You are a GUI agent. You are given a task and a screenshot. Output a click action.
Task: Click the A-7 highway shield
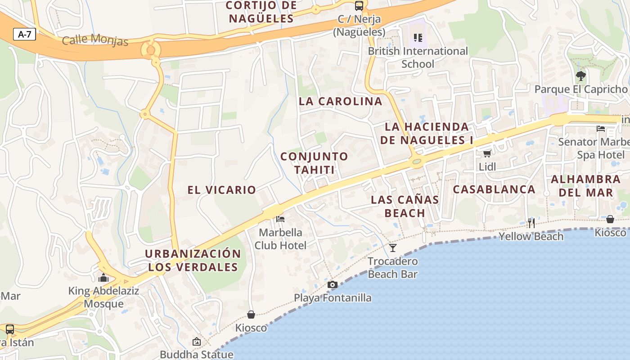pyautogui.click(x=24, y=34)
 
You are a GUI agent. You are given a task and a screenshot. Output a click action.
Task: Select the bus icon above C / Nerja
pyautogui.click(x=359, y=6)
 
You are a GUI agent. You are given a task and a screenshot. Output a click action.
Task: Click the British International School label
pyautogui.click(x=418, y=57)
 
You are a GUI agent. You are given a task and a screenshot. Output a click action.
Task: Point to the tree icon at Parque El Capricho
pyautogui.click(x=580, y=76)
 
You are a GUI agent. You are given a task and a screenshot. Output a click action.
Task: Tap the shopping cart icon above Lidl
pyautogui.click(x=486, y=154)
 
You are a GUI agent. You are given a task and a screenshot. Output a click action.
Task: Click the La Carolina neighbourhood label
pyautogui.click(x=340, y=101)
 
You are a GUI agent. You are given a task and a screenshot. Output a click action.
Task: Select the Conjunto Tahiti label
pyautogui.click(x=314, y=163)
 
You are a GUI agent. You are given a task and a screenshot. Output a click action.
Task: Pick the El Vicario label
pyautogui.click(x=221, y=190)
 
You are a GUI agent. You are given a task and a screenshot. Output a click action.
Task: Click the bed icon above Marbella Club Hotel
pyautogui.click(x=280, y=219)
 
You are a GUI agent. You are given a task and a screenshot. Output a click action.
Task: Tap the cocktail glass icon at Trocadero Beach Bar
pyautogui.click(x=393, y=247)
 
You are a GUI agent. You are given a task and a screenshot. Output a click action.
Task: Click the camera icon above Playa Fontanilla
pyautogui.click(x=333, y=284)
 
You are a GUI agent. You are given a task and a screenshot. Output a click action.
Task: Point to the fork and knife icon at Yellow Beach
pyautogui.click(x=531, y=223)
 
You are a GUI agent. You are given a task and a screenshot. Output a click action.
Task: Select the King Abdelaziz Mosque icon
pyautogui.click(x=103, y=278)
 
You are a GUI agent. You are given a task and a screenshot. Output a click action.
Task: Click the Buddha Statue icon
pyautogui.click(x=196, y=342)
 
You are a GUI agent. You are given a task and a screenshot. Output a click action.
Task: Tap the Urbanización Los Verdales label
pyautogui.click(x=193, y=260)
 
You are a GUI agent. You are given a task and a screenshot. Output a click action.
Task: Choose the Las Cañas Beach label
pyautogui.click(x=405, y=206)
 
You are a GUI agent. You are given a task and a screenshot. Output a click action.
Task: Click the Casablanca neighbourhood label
pyautogui.click(x=494, y=189)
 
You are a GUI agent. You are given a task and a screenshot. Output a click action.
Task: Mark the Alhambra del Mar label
pyautogui.click(x=585, y=186)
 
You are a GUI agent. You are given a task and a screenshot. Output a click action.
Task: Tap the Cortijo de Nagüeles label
pyautogui.click(x=261, y=12)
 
